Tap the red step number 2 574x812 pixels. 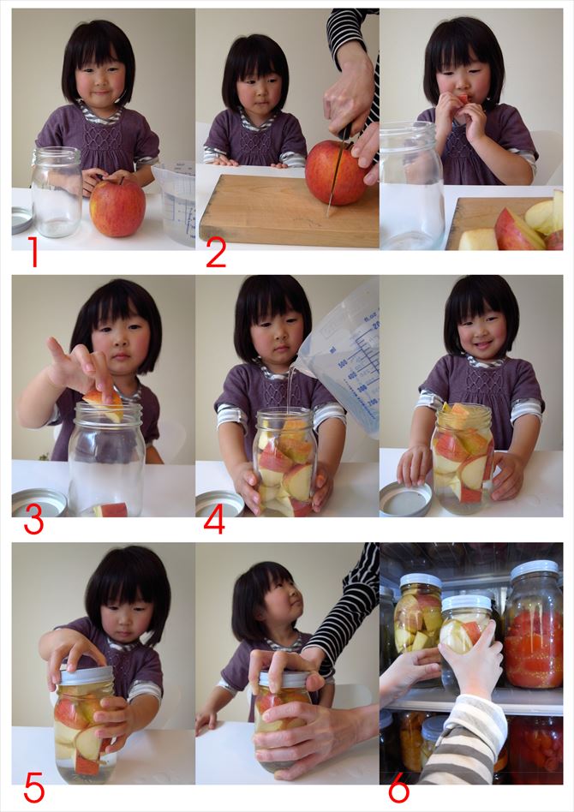[216, 253]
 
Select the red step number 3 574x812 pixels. [33, 521]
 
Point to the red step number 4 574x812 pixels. [214, 520]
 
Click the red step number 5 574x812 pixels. [34, 786]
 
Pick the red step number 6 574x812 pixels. [398, 787]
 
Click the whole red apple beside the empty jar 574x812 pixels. [117, 207]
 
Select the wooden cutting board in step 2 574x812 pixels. [289, 211]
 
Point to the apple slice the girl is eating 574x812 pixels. [462, 99]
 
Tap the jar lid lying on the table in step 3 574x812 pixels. [39, 502]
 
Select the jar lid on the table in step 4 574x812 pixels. [219, 502]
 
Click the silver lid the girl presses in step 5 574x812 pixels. [87, 675]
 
